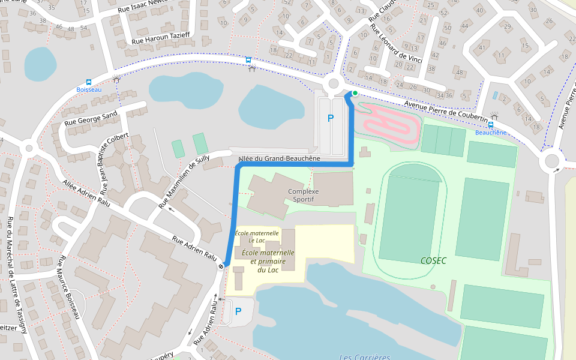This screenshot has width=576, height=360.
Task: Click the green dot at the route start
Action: (x=355, y=93)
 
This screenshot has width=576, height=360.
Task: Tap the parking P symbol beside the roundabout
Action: (x=330, y=119)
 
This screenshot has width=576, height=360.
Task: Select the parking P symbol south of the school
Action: (x=238, y=311)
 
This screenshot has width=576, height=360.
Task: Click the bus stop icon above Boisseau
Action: (x=89, y=82)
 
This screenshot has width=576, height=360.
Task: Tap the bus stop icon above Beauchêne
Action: (x=491, y=125)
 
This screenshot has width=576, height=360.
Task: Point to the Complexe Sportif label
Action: (x=303, y=196)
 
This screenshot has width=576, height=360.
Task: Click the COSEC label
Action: (x=433, y=260)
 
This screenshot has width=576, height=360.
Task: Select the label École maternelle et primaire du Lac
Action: (x=268, y=261)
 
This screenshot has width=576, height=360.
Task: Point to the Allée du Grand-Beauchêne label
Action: (x=279, y=159)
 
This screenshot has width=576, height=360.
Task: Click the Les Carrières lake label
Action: (x=364, y=356)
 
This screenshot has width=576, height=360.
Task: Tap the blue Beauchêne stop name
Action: (x=491, y=133)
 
